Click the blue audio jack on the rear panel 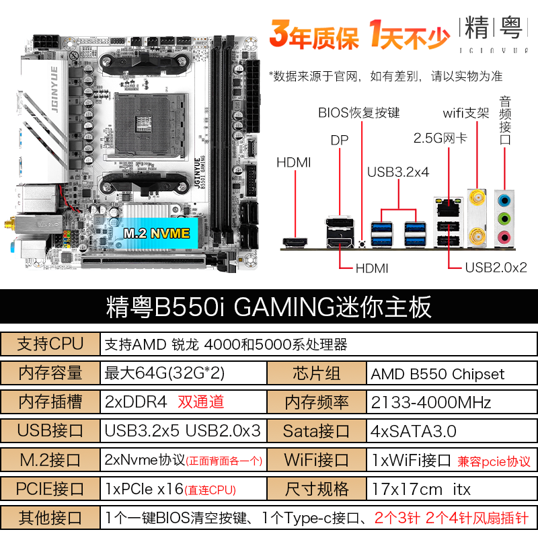504,200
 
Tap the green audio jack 504,219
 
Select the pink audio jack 504,237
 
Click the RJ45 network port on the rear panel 448,207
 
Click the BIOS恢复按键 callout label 359,112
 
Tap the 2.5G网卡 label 440,139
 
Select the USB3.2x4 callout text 398,172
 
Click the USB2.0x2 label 496,267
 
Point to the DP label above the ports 340,141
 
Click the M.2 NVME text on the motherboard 157,233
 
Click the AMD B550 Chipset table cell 438,374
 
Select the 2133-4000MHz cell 430,402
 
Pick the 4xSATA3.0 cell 414,431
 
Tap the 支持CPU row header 50,344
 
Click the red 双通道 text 200,401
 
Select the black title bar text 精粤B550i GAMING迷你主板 268,307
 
